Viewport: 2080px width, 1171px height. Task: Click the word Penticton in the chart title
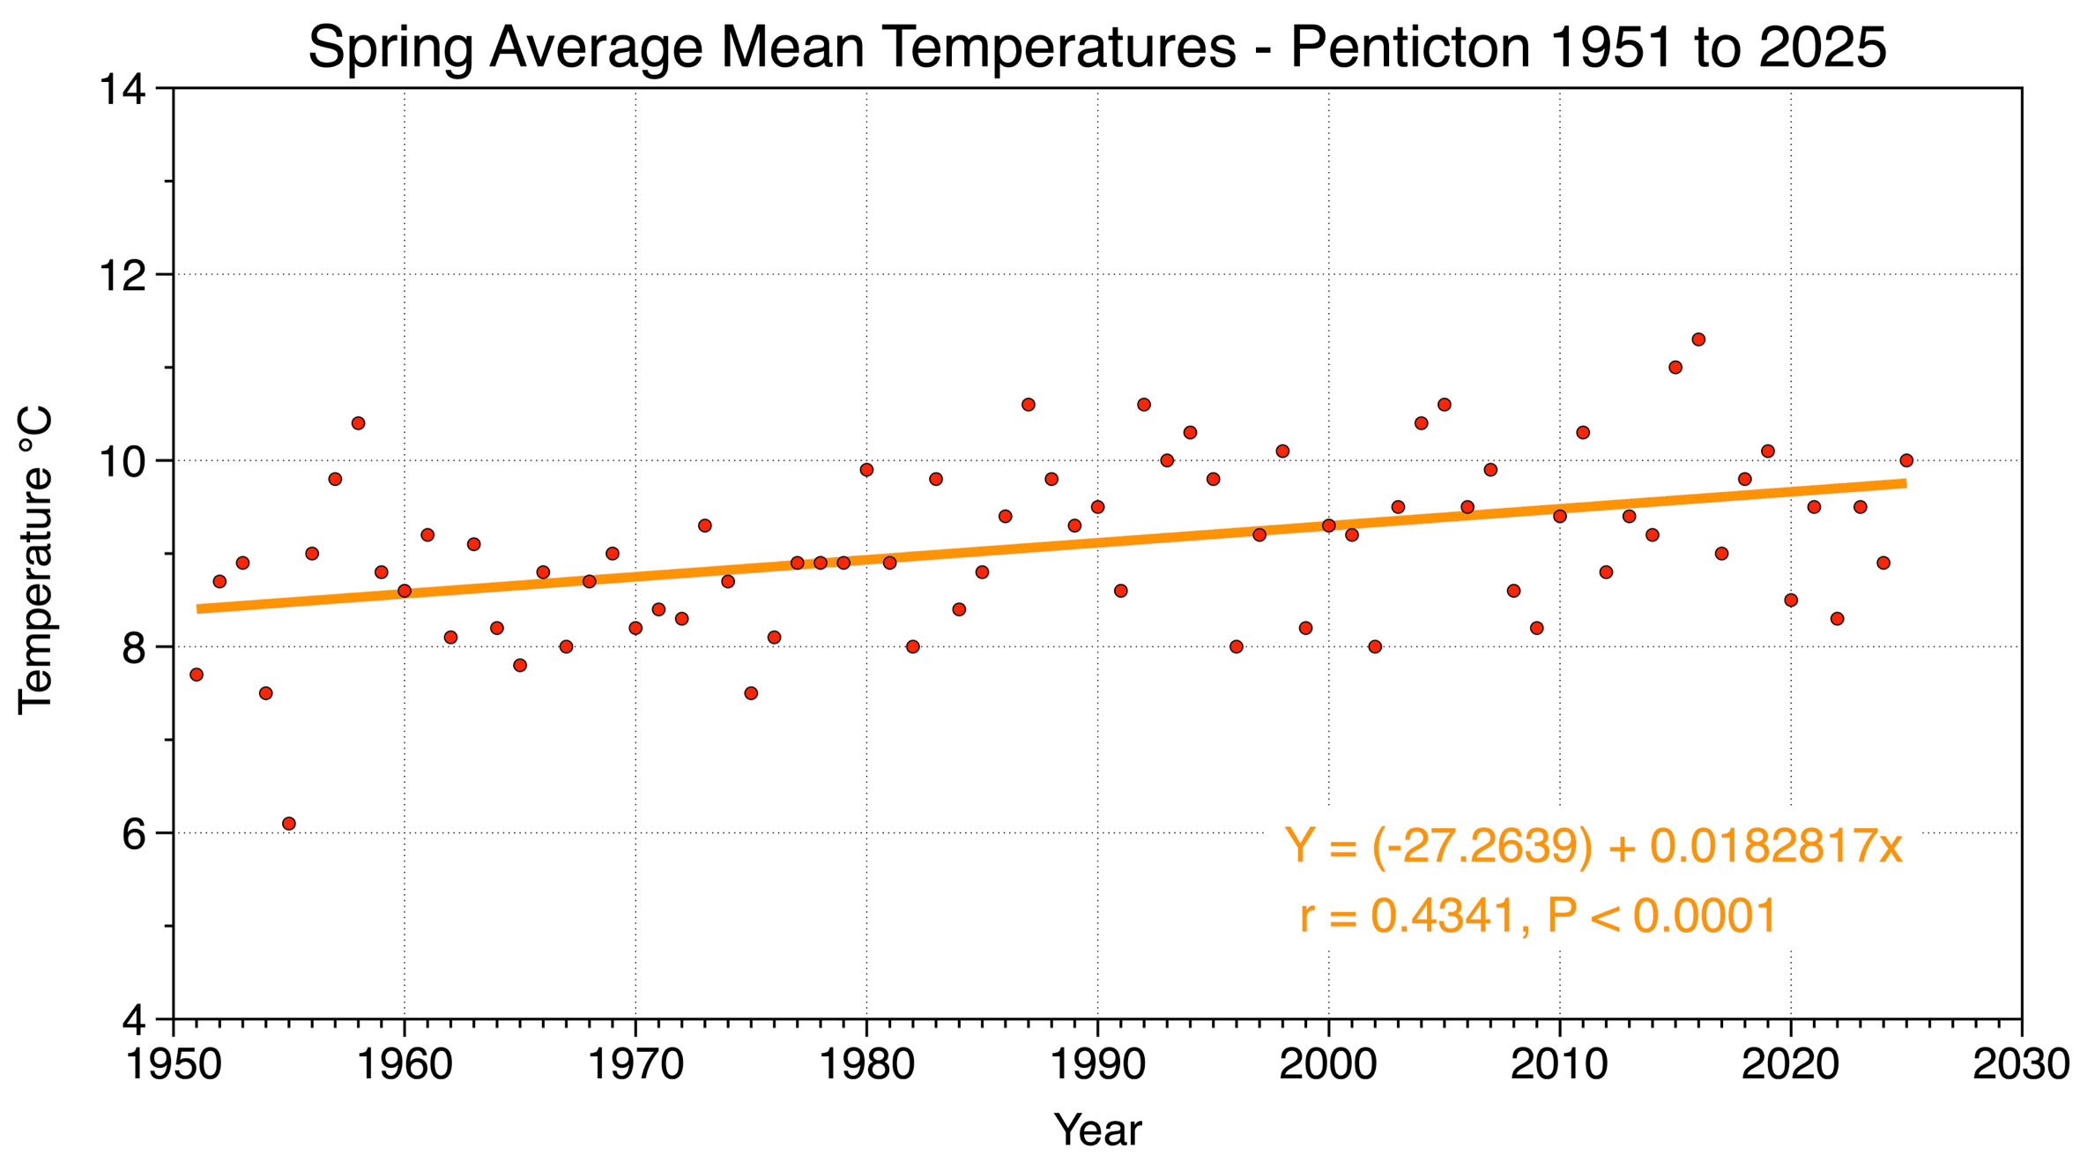(1410, 48)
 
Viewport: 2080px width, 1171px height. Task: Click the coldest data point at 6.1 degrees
(289, 824)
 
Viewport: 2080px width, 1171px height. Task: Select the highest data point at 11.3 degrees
(1698, 339)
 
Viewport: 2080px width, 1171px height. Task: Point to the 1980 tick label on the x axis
(866, 1064)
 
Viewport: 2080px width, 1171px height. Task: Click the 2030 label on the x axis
(2020, 1064)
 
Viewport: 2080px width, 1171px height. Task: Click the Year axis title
(1097, 1130)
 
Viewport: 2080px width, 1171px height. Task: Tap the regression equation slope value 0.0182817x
(1776, 847)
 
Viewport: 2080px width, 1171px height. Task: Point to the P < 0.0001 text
(1661, 915)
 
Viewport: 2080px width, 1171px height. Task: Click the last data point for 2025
(1906, 460)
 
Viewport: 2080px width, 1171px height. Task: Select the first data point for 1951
(197, 675)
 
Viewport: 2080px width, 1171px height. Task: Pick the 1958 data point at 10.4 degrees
(358, 423)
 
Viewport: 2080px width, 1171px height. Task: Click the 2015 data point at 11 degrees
(1675, 368)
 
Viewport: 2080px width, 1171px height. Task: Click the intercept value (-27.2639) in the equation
(1482, 847)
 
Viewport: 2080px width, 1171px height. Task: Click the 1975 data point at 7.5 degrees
(751, 693)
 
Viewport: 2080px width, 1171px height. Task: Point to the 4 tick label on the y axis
(133, 1020)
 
